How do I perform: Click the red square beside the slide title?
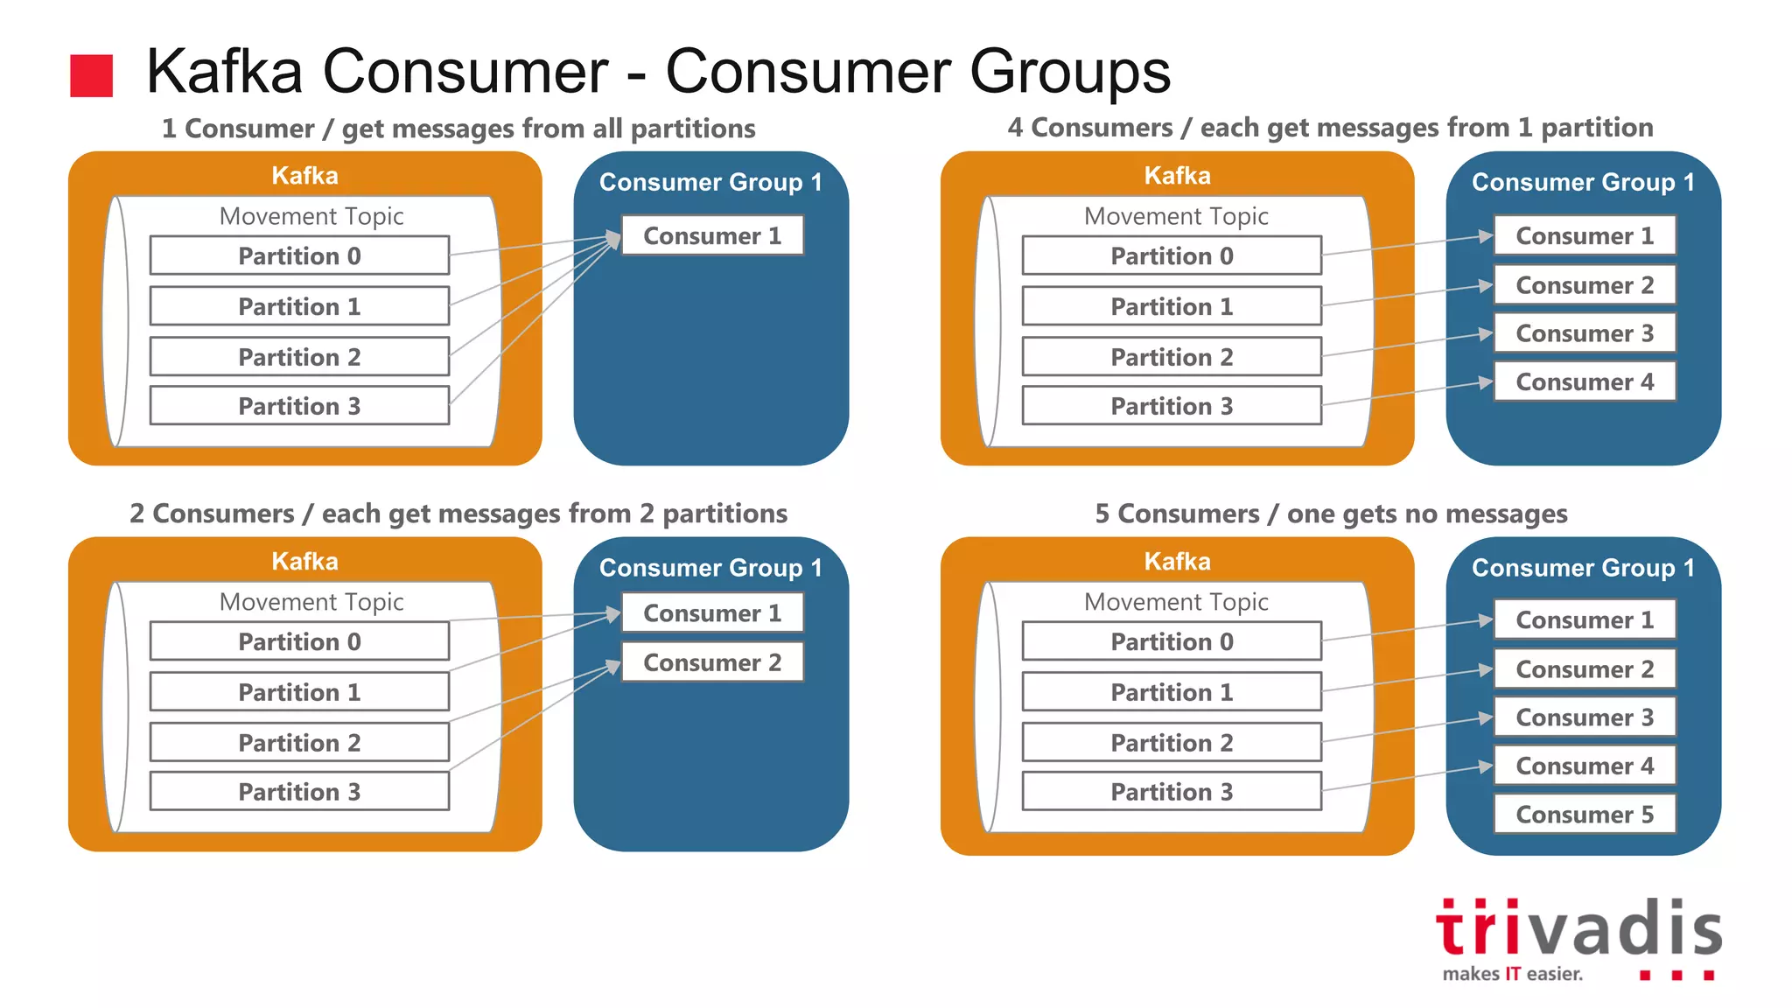[91, 75]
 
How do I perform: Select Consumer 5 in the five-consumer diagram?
[1585, 815]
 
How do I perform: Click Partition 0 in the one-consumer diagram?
[299, 255]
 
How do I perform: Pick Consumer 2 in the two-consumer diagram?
[712, 662]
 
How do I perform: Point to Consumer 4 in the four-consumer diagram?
[1585, 382]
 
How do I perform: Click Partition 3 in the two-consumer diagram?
[299, 792]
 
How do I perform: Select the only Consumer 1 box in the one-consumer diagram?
[712, 235]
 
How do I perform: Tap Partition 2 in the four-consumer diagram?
[1172, 357]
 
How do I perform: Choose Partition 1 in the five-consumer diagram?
[1172, 692]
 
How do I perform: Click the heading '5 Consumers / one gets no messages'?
[1331, 514]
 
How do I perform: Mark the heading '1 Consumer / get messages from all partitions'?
[458, 129]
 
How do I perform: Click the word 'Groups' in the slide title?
[1069, 71]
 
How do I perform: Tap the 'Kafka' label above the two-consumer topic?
[304, 561]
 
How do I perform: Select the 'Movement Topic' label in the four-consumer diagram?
[1176, 216]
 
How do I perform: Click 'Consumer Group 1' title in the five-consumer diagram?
[1583, 568]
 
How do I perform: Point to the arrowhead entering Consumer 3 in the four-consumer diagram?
[1486, 334]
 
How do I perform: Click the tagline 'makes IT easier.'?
[1513, 974]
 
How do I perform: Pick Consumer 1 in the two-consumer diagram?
[712, 613]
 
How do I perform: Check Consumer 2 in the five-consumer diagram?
[1585, 669]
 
